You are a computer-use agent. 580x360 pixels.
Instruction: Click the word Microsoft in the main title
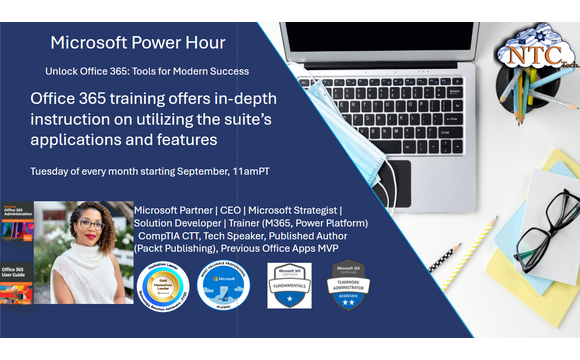click(x=86, y=43)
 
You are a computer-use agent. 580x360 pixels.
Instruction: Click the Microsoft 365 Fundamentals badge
click(x=289, y=286)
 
